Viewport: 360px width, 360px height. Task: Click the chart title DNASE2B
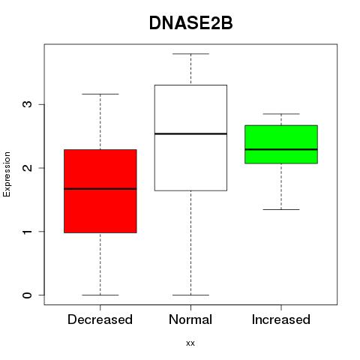tap(191, 23)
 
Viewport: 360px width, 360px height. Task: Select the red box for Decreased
tap(100, 191)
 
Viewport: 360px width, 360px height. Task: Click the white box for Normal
tap(190, 138)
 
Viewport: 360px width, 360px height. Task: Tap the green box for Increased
tap(281, 144)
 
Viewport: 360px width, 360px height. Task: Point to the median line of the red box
tap(100, 189)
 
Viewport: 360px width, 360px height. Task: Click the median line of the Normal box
tap(190, 133)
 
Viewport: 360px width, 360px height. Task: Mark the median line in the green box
tap(281, 149)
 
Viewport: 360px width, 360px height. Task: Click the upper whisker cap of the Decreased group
tap(100, 94)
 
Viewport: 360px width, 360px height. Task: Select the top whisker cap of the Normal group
tap(190, 54)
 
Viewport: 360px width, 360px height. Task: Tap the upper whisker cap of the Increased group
tap(281, 114)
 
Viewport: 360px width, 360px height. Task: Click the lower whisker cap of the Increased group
tap(281, 209)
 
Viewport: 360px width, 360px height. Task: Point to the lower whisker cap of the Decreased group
tap(100, 295)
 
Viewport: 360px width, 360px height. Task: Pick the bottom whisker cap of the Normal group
tap(190, 295)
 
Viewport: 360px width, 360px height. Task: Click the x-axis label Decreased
tap(100, 319)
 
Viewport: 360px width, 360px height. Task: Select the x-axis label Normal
tap(190, 319)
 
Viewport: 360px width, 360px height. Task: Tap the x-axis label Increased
tap(281, 319)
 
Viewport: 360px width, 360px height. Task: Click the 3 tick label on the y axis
tap(28, 104)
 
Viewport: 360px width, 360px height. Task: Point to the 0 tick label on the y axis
tap(28, 295)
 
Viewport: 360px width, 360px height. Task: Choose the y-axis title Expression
tap(7, 174)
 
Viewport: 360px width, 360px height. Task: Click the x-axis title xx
tap(190, 343)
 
